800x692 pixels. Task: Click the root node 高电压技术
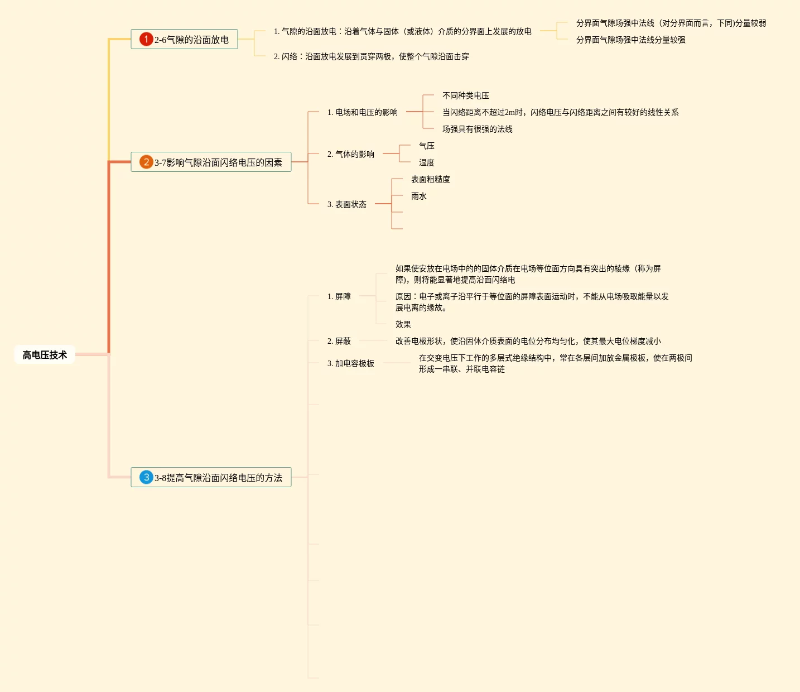click(x=45, y=355)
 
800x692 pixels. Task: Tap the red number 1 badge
click(x=146, y=39)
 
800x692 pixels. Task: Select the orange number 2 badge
click(x=146, y=162)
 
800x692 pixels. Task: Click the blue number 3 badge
click(x=146, y=477)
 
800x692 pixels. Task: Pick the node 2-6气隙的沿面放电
click(x=191, y=40)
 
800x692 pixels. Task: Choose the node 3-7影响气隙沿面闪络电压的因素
click(x=218, y=162)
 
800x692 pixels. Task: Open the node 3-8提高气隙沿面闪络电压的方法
click(x=218, y=478)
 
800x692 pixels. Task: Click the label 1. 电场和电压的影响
click(x=363, y=112)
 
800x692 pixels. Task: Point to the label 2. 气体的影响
click(x=351, y=154)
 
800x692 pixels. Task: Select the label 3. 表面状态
click(x=347, y=204)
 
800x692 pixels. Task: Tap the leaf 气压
click(x=427, y=146)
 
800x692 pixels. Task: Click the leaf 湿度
click(x=427, y=162)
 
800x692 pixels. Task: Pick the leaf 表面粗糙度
click(x=431, y=179)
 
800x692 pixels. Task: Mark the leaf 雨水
click(x=419, y=196)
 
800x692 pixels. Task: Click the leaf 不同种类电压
click(x=466, y=95)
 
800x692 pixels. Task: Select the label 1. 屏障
click(x=339, y=296)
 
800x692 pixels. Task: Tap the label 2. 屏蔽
click(x=339, y=341)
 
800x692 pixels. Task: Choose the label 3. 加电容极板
click(x=351, y=363)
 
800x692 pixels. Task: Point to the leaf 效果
click(x=403, y=324)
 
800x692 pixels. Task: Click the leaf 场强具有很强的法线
click(x=478, y=129)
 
